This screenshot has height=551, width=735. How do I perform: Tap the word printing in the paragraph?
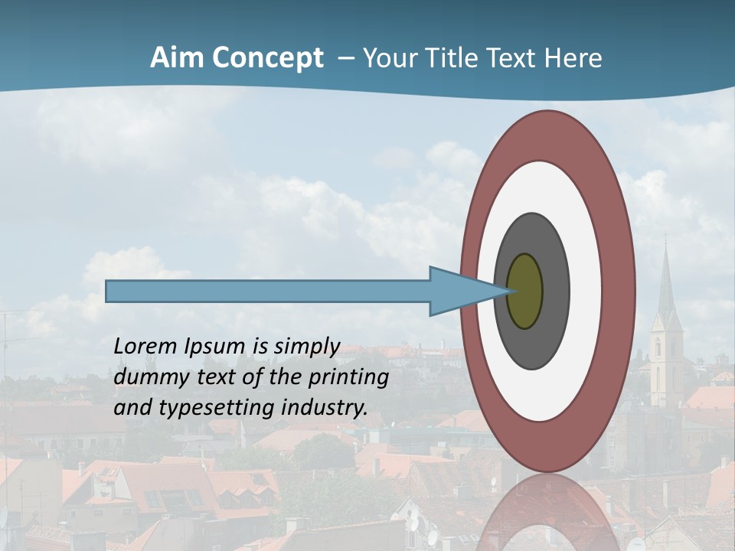tap(348, 378)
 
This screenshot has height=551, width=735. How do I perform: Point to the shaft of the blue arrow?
tap(268, 291)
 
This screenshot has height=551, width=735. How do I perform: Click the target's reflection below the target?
tap(547, 513)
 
